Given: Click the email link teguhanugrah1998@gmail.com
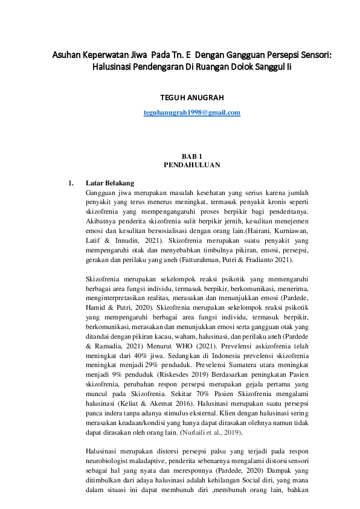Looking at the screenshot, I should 192,113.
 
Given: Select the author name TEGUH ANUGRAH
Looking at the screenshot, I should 192,97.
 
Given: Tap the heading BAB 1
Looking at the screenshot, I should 191,156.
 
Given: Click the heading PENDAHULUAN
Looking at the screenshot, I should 191,164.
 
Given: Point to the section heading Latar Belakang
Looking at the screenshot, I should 110,183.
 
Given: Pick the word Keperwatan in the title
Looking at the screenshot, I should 114,56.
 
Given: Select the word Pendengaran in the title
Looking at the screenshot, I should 159,68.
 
